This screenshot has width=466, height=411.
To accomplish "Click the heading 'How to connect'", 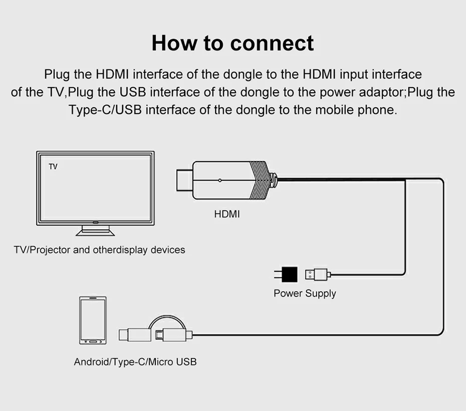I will (x=232, y=43).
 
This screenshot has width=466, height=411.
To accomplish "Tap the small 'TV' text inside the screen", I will (x=53, y=166).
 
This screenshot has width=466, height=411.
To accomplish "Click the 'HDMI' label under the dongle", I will (x=227, y=214).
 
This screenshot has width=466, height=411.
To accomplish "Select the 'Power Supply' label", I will (x=305, y=293).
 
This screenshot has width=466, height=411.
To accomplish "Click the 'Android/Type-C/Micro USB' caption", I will (x=135, y=361).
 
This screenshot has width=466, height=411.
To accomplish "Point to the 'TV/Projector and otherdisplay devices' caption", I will (x=99, y=250).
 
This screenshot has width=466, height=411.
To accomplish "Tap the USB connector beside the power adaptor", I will (x=317, y=274).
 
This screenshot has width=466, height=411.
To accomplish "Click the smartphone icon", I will (x=93, y=320).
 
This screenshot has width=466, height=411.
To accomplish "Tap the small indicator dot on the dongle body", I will (x=219, y=180).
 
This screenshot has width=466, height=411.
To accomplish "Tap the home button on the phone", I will (x=93, y=340).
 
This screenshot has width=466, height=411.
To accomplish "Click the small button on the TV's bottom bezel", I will (x=95, y=221).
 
